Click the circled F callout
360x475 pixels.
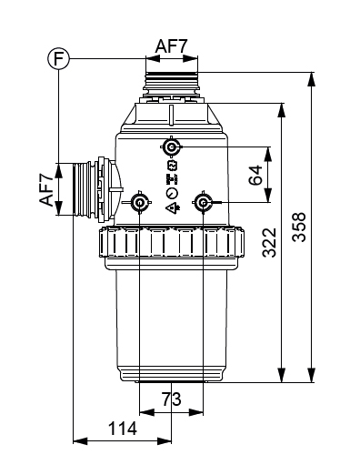pos(59,59)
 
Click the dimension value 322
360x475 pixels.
pos(270,243)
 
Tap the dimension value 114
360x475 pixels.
pos(122,429)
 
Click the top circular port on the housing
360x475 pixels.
pos(172,147)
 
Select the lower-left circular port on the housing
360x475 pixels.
pos(141,202)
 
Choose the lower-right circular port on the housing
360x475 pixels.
pos(204,202)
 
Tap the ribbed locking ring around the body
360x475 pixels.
pos(172,243)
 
